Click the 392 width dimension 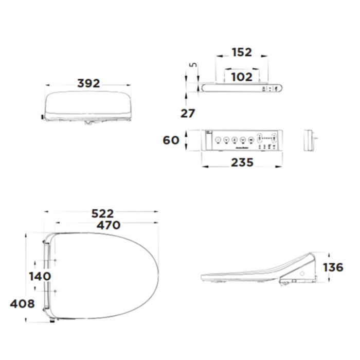pos(88,83)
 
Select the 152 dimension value pos(241,52)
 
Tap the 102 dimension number pos(241,77)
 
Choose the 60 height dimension pos(171,140)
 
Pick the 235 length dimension pos(241,163)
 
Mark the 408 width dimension pos(22,303)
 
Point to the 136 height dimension pos(333,267)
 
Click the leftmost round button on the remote pos(218,139)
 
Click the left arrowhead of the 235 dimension pos(203,167)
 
